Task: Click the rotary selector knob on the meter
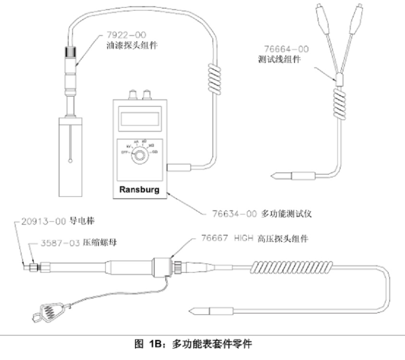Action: [140, 155]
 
